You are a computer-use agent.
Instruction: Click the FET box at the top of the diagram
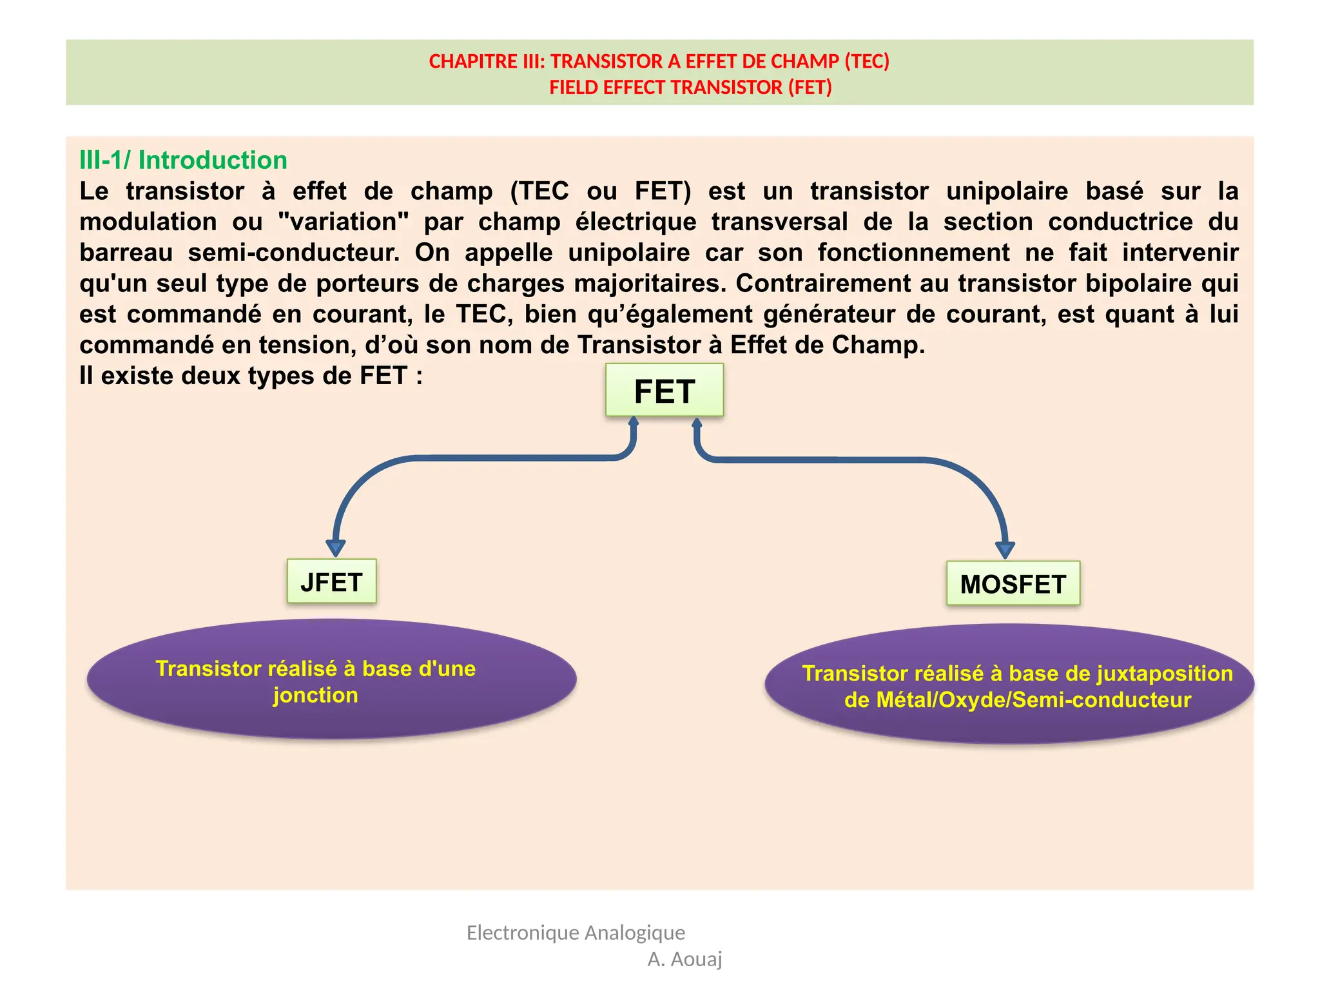[x=664, y=391]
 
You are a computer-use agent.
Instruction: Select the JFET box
[x=331, y=581]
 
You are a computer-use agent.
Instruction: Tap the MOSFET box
[x=1013, y=584]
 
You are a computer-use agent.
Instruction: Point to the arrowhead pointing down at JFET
[x=335, y=548]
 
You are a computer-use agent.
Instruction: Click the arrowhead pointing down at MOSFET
[x=1005, y=550]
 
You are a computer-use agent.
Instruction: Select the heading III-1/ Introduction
[x=183, y=160]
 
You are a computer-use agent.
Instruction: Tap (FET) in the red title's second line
[x=810, y=87]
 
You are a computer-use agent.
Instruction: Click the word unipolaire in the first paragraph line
[x=1007, y=191]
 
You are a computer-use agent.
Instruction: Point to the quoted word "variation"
[x=344, y=222]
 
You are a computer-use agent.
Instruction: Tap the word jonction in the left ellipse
[x=315, y=695]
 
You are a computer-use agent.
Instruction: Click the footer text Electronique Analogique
[x=576, y=932]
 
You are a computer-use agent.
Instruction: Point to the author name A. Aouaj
[x=684, y=959]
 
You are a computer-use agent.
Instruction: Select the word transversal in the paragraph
[x=779, y=222]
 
